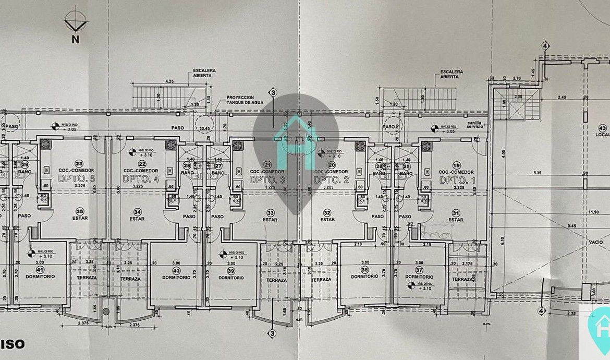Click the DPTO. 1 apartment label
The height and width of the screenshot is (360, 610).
coord(456,179)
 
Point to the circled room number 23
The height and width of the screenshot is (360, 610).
coord(79,163)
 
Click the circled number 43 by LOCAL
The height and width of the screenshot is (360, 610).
coord(603,128)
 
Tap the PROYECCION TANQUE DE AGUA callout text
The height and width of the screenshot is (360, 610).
coord(240,100)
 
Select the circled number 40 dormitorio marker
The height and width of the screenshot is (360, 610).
coord(176,271)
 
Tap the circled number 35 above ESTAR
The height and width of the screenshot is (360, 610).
coord(80,212)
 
